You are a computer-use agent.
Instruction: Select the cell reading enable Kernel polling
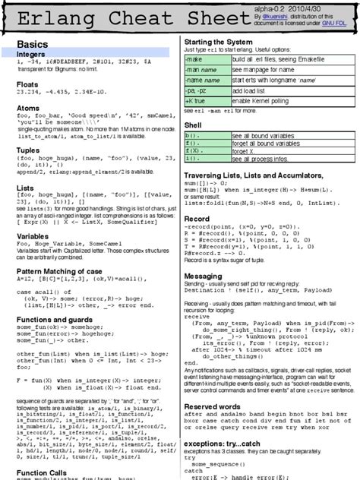(270, 101)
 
